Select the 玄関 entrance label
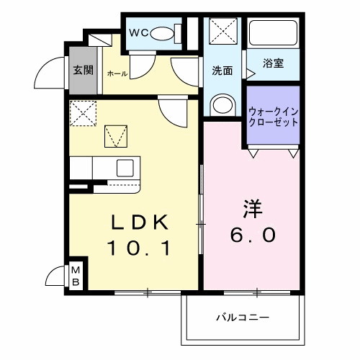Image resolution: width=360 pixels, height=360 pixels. (x=84, y=71)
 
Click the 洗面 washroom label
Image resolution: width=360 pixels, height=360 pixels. (x=221, y=71)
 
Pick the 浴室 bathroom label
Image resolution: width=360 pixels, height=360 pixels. (x=273, y=63)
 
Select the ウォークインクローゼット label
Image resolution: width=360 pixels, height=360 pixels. (x=273, y=117)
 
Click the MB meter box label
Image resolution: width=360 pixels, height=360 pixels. (x=75, y=276)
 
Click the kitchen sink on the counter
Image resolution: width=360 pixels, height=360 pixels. (x=124, y=168)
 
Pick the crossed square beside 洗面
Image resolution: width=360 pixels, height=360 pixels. (x=220, y=31)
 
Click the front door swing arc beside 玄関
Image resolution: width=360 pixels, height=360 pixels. (x=50, y=72)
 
